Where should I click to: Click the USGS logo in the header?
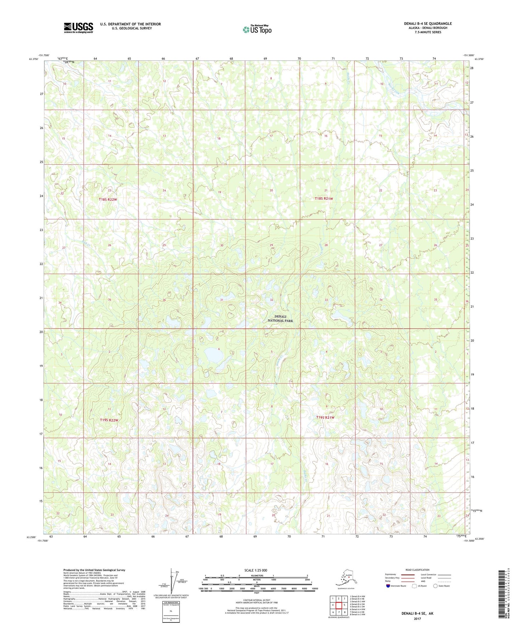click(79, 28)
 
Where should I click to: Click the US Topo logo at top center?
click(257, 29)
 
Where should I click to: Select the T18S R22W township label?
click(108, 199)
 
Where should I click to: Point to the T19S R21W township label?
click(325, 417)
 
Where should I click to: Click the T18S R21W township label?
click(324, 199)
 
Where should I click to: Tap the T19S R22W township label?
click(109, 420)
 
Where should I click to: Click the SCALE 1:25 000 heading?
click(256, 570)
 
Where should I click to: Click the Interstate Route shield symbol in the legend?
click(388, 586)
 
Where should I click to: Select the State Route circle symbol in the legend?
click(436, 586)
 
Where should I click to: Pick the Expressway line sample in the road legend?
click(408, 574)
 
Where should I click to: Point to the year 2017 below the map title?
click(417, 618)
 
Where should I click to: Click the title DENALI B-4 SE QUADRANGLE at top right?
click(428, 24)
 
